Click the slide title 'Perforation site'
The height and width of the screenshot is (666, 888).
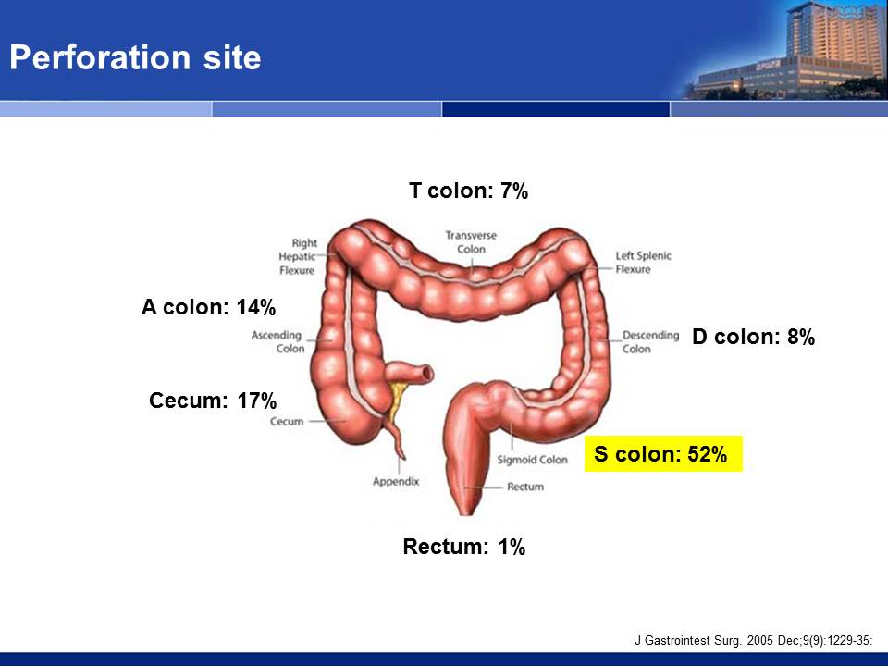tap(135, 57)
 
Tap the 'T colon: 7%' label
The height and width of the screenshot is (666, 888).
tap(468, 191)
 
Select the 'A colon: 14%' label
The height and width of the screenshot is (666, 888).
tap(208, 307)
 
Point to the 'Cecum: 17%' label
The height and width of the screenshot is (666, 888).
tap(213, 401)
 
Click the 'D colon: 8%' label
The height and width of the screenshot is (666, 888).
tap(753, 337)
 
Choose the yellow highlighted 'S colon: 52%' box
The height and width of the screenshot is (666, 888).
tap(663, 453)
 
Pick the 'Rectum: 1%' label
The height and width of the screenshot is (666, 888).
tap(463, 547)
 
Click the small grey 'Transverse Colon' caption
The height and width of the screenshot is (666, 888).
tap(471, 241)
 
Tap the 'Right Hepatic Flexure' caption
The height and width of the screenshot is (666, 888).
tap(297, 256)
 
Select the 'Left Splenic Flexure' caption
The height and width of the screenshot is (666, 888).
tap(644, 262)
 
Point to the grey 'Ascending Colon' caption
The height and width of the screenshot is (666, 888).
tap(277, 341)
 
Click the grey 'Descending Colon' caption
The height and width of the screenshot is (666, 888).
tap(650, 342)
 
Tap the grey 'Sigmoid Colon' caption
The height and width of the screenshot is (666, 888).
tap(533, 460)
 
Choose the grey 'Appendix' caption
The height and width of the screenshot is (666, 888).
tap(396, 482)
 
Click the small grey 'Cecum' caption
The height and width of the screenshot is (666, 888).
tap(287, 422)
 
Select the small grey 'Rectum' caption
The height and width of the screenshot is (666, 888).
tap(525, 487)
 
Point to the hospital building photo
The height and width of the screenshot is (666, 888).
tap(786, 51)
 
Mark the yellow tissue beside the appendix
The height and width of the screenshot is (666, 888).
tap(398, 400)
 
